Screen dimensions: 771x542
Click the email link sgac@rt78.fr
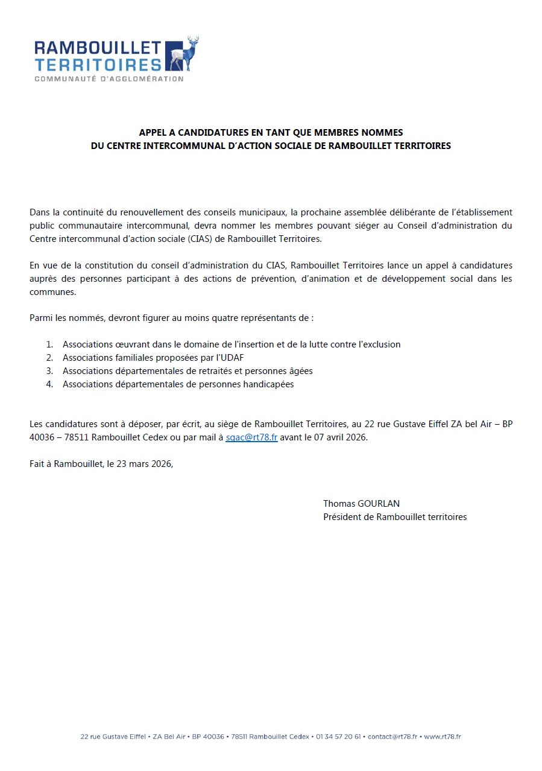point(251,437)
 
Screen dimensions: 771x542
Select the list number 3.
point(50,371)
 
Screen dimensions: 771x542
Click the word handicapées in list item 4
point(266,384)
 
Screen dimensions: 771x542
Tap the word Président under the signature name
point(342,516)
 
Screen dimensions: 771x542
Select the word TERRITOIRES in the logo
point(98,65)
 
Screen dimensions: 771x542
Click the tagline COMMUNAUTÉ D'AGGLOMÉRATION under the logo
point(109,79)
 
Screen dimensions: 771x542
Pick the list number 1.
point(50,344)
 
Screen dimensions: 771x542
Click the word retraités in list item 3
point(222,371)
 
